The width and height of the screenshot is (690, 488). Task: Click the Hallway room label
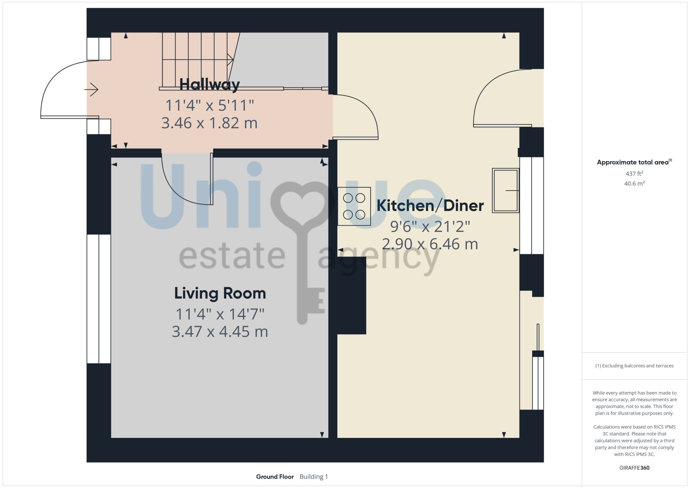pos(209,85)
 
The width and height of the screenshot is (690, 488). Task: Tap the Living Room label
pos(220,293)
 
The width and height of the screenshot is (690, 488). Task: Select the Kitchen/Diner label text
pos(430,206)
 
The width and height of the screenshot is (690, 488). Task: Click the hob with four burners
pos(354,206)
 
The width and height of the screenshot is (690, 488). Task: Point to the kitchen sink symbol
pos(505,190)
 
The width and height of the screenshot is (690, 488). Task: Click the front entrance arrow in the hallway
pos(91,90)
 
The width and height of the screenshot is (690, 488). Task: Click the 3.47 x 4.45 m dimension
pos(220,332)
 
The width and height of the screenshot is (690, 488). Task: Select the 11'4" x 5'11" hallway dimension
pos(210,105)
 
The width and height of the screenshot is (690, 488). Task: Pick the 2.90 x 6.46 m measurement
pos(430,244)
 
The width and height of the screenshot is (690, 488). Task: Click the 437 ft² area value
pos(634,174)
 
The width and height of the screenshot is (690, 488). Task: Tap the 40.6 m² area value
pos(634,183)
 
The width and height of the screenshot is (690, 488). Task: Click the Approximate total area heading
pos(634,162)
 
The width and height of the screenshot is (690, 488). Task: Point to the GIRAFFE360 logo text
pos(634,468)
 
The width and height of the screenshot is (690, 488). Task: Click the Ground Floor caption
pos(275,477)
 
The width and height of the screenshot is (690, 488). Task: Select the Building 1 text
pos(314,477)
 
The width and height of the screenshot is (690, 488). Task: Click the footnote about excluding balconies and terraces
pos(634,366)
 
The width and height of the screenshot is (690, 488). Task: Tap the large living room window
pos(99,299)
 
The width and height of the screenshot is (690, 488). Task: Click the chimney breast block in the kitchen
pos(352,295)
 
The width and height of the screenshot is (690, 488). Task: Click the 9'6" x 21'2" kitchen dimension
pos(430,227)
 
